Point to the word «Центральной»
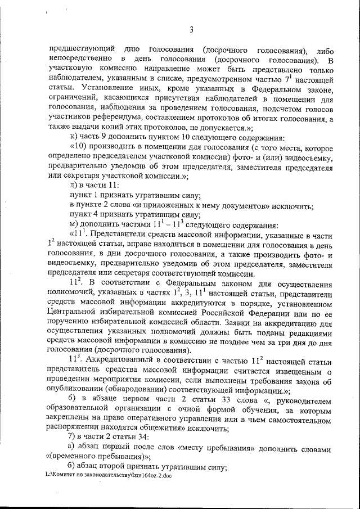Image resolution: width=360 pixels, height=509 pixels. pyautogui.click(x=70, y=313)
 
